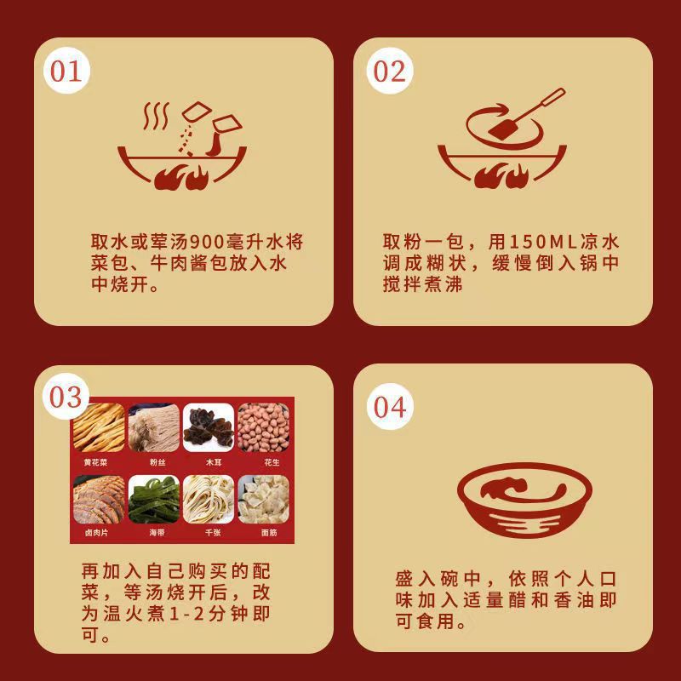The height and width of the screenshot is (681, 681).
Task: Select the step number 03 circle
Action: [x=66, y=397]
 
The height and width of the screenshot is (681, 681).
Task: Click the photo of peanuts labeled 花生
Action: [x=262, y=427]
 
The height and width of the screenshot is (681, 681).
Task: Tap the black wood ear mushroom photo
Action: [x=208, y=427]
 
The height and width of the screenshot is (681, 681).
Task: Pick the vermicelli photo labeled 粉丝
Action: [x=153, y=427]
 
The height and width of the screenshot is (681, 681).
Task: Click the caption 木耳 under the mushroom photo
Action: [x=208, y=462]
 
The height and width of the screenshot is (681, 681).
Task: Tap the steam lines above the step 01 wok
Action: [x=155, y=116]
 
